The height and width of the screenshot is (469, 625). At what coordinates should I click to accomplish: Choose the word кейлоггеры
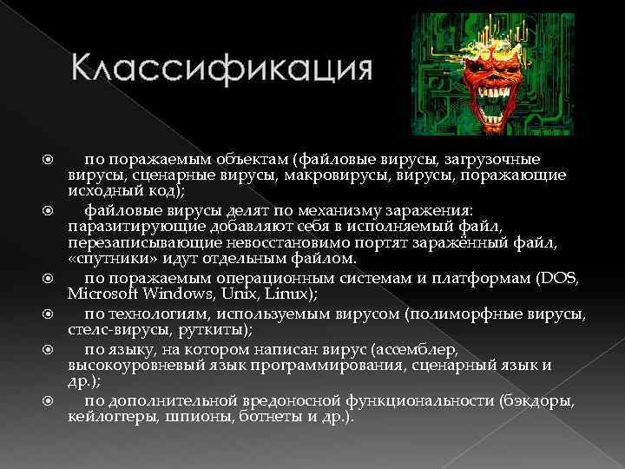pos(108,417)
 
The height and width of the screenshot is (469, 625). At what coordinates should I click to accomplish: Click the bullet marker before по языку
pos(49,348)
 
